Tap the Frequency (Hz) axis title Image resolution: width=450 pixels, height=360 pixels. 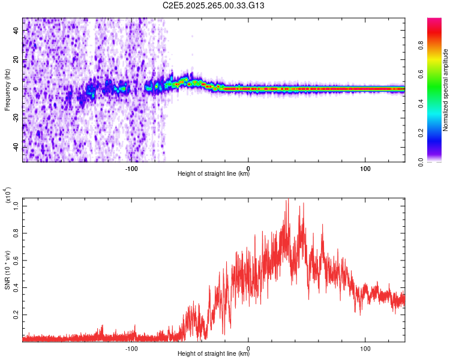pos(7,89)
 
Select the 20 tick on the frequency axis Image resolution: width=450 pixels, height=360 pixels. pos(16,60)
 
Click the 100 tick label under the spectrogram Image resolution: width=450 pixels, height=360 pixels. pos(365,169)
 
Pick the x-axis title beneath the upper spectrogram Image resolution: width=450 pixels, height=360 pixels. pos(214,175)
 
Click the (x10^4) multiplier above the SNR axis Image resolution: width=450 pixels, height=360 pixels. pos(8,196)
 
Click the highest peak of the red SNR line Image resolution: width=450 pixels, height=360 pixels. pos(287,200)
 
